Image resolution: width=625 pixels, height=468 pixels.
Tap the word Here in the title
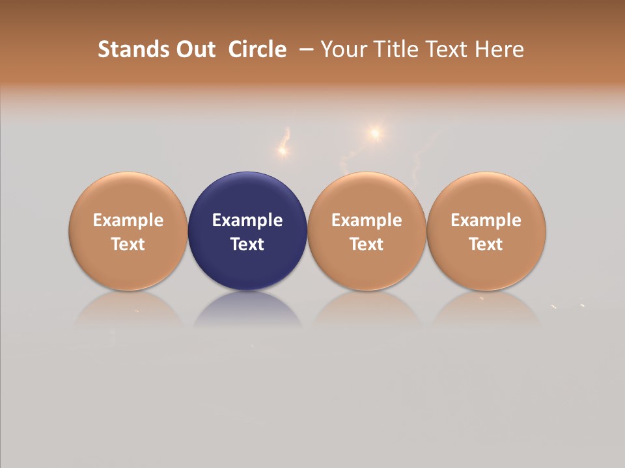click(x=500, y=49)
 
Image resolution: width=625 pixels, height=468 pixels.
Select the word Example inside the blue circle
click(x=247, y=220)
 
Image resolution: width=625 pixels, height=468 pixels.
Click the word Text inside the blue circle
click(x=247, y=244)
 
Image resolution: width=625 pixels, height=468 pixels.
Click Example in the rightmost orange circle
click(x=486, y=220)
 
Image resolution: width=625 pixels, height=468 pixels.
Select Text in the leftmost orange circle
click(x=128, y=244)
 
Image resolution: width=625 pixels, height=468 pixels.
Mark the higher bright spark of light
click(x=375, y=133)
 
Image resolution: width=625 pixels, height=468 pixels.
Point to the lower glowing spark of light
click(x=283, y=151)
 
